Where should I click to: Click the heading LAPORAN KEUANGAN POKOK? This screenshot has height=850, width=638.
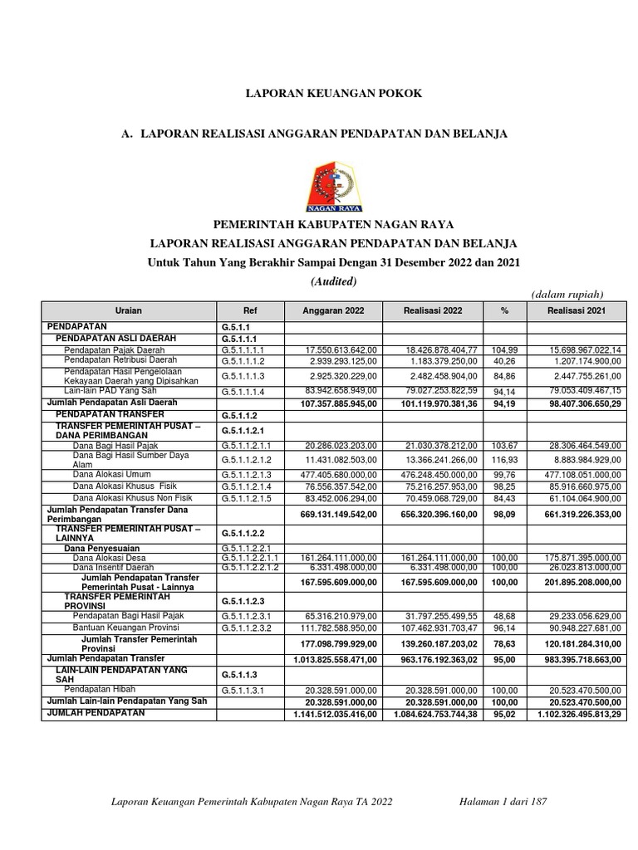pos(333,94)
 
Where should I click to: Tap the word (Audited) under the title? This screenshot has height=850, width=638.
pos(333,281)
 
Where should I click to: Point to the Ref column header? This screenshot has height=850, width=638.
pos(250,310)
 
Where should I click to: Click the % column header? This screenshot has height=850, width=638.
pos(503,310)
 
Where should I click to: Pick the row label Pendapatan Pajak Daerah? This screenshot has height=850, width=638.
pos(114,350)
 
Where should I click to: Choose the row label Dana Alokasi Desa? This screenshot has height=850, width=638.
pos(108,559)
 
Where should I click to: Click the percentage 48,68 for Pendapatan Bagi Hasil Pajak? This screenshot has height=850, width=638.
pos(503,617)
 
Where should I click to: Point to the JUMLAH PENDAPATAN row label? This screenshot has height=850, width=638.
pos(96,712)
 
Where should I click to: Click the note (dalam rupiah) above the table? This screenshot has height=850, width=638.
pos(567,294)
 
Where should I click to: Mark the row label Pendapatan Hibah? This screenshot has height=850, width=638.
pos(100,689)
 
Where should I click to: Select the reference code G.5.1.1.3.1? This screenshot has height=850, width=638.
pos(248,690)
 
